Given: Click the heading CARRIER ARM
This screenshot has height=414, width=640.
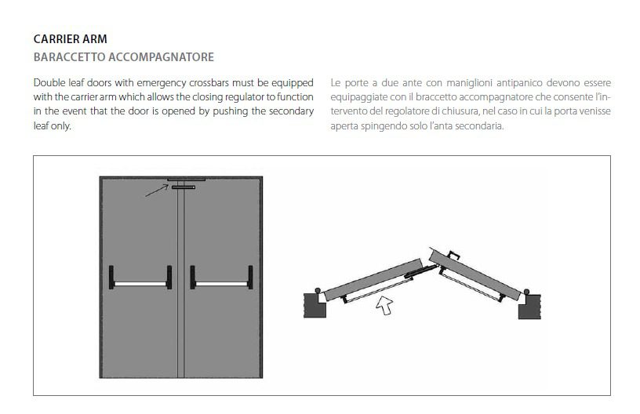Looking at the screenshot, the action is (x=71, y=39).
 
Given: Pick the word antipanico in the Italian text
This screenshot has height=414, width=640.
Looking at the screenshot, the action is (x=519, y=83).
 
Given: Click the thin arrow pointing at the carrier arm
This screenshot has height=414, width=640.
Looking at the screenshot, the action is (x=157, y=191).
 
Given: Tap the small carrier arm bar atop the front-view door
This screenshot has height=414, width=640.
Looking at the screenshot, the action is (x=184, y=187).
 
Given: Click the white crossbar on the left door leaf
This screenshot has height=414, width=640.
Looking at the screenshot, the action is (x=140, y=283).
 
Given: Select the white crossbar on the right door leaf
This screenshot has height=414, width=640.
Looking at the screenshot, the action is (x=222, y=283).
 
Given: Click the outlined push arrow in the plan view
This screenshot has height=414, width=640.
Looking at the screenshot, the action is (x=384, y=305).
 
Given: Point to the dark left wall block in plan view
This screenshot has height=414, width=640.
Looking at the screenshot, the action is (x=315, y=305).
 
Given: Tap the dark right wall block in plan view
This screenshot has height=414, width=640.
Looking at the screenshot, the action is (x=529, y=307).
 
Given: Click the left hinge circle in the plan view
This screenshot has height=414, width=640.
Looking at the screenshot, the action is (x=318, y=290).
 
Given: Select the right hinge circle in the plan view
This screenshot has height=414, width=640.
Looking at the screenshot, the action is (x=526, y=292).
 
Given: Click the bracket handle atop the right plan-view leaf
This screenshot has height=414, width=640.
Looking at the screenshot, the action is (x=454, y=255).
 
